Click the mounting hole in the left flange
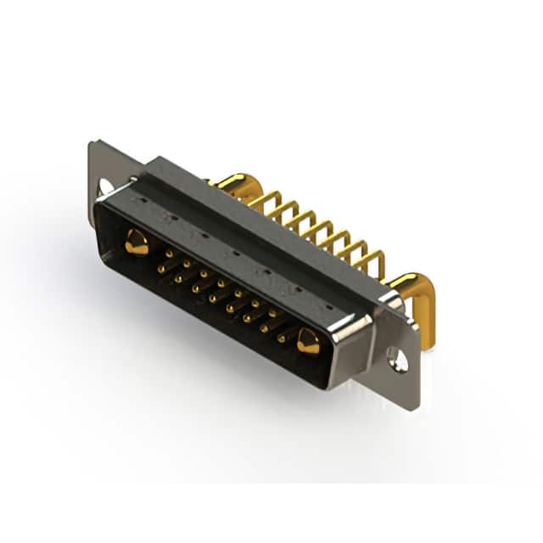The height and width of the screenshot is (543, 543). (106, 186)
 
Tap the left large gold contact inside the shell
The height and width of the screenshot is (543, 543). (136, 244)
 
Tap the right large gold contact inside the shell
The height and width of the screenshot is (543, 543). (307, 341)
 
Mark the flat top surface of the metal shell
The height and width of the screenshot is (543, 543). (255, 229)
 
